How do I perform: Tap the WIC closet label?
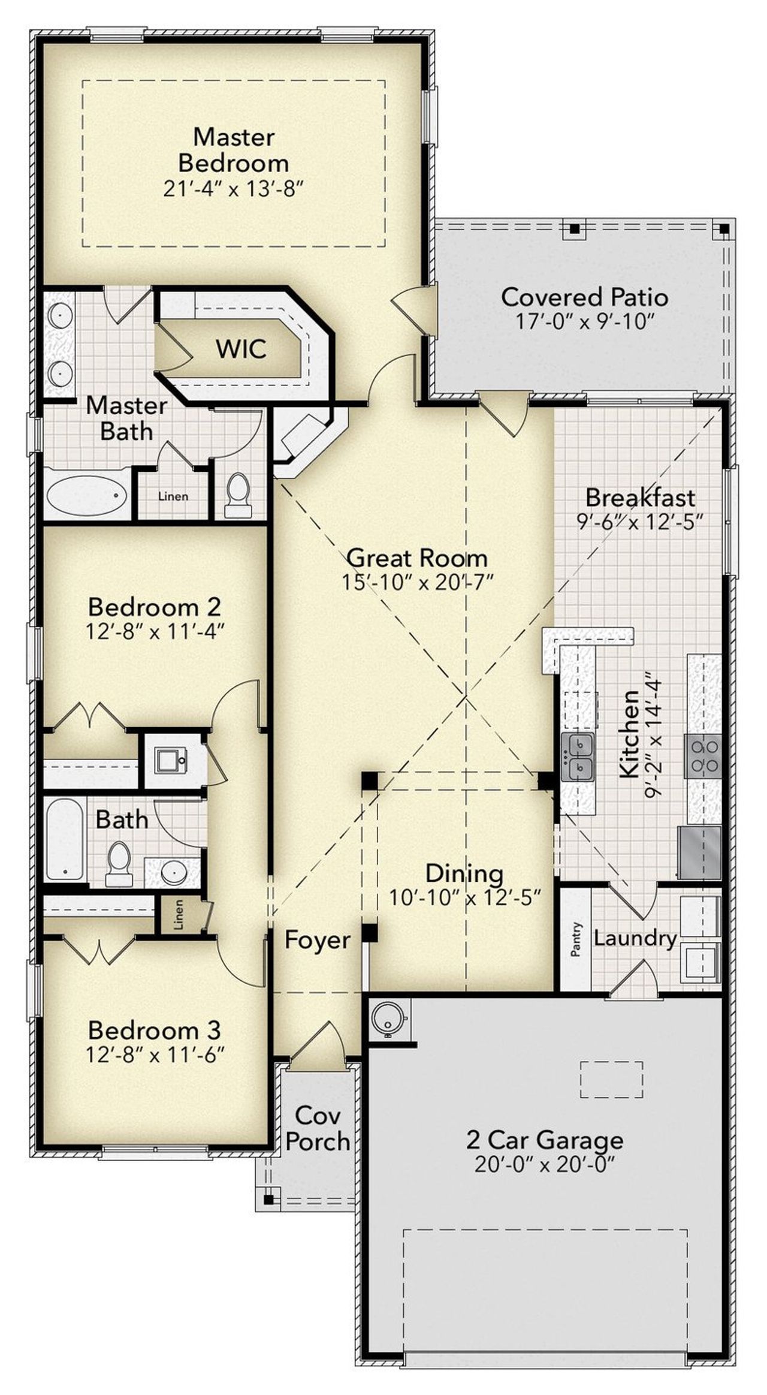click(x=241, y=349)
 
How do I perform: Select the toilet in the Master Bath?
click(x=238, y=495)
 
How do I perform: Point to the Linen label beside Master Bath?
click(x=173, y=496)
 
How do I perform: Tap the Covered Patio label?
click(x=584, y=297)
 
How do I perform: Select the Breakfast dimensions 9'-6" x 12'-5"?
click(x=639, y=522)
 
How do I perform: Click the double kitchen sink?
click(x=578, y=757)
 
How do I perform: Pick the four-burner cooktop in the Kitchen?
click(x=703, y=756)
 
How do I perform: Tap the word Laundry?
click(x=635, y=938)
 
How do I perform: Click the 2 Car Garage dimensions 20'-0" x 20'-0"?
click(x=545, y=1165)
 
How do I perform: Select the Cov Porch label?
click(x=318, y=1129)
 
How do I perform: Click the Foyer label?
click(x=317, y=939)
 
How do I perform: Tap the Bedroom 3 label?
click(x=155, y=1030)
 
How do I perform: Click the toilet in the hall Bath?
click(x=119, y=864)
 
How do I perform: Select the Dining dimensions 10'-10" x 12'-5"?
click(x=465, y=897)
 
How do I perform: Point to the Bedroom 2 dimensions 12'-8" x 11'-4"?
click(x=155, y=632)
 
